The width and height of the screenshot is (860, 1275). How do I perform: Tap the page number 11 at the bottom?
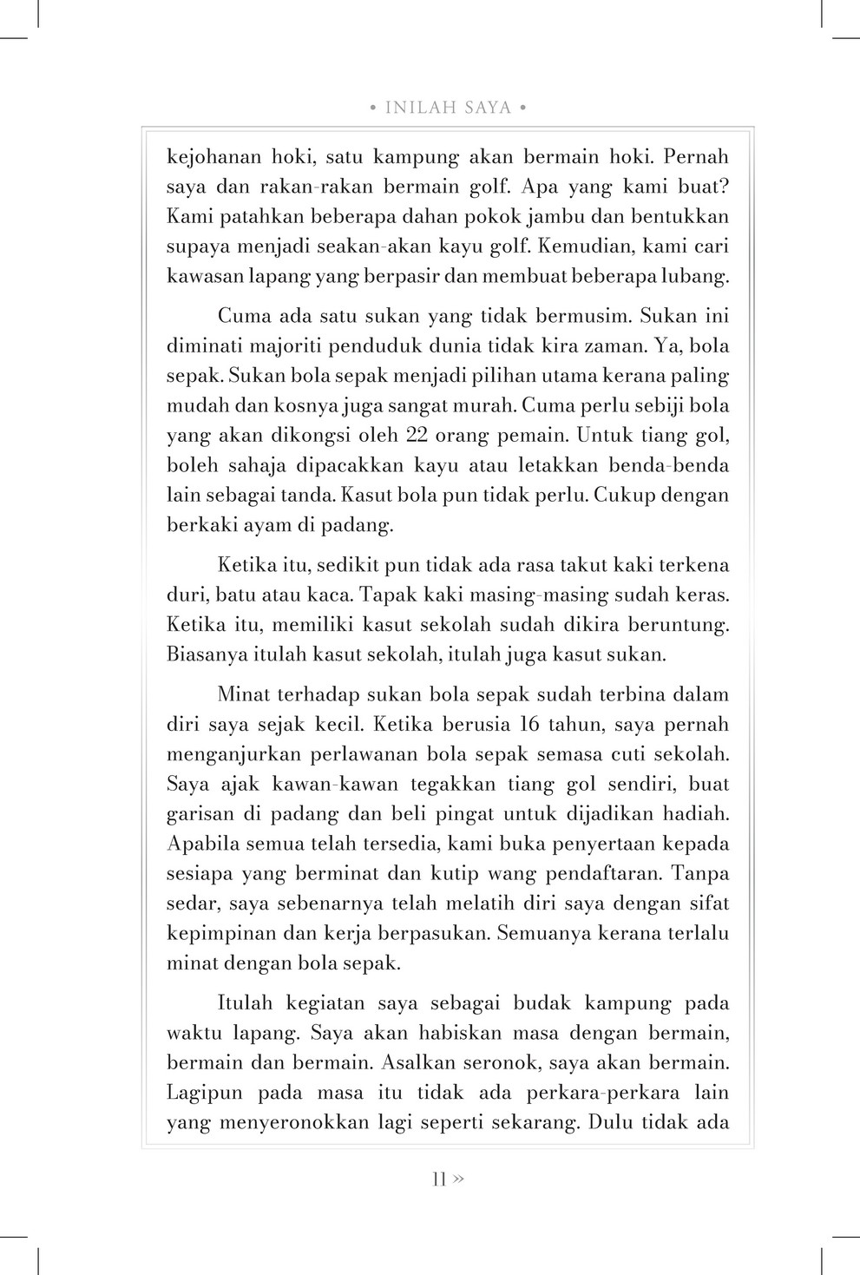click(x=438, y=1179)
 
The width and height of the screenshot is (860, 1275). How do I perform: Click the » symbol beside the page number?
click(x=458, y=1179)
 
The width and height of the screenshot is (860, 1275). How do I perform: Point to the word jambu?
click(x=586, y=216)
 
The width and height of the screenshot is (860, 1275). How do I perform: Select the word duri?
click(x=186, y=595)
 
